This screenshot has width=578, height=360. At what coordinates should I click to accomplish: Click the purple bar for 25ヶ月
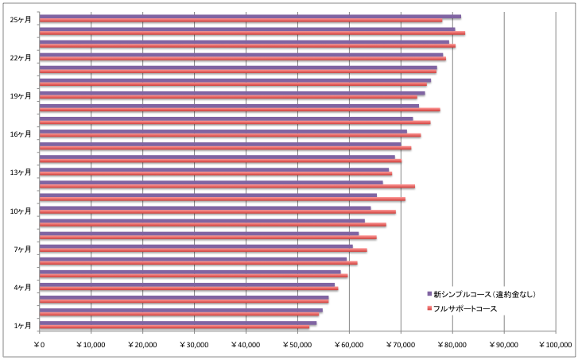click(x=250, y=17)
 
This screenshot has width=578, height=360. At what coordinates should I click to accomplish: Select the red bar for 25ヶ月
click(x=241, y=21)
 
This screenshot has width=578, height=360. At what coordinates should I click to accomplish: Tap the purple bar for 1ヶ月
click(x=178, y=323)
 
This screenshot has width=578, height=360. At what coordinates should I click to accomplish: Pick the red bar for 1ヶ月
click(x=175, y=327)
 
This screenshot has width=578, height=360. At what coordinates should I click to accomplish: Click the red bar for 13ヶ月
click(x=216, y=174)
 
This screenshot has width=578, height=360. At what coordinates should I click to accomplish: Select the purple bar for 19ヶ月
click(x=232, y=93)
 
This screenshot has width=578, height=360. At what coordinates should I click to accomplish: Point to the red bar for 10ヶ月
click(x=218, y=212)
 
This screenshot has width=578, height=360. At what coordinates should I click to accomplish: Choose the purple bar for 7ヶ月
click(x=196, y=246)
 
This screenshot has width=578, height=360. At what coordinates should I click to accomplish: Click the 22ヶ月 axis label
click(x=21, y=58)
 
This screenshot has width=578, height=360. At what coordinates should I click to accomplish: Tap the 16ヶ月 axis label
click(x=21, y=134)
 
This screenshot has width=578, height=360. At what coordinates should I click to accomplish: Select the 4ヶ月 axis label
click(x=22, y=288)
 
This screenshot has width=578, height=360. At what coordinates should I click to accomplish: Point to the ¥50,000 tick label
click(x=297, y=345)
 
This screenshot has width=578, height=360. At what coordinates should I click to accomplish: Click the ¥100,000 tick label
click(x=555, y=345)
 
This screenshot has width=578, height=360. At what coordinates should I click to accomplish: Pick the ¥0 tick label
click(x=40, y=345)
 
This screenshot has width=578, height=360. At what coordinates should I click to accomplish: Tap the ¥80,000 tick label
click(x=452, y=345)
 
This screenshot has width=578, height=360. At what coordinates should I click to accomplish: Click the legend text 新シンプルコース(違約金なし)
click(x=484, y=294)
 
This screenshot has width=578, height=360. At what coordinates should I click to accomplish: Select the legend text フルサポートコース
click(x=465, y=309)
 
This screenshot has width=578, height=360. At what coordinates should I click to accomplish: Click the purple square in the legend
click(x=429, y=294)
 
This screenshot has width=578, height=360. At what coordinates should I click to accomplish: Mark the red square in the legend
click(x=429, y=308)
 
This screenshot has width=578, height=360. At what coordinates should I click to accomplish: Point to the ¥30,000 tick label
click(x=194, y=345)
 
